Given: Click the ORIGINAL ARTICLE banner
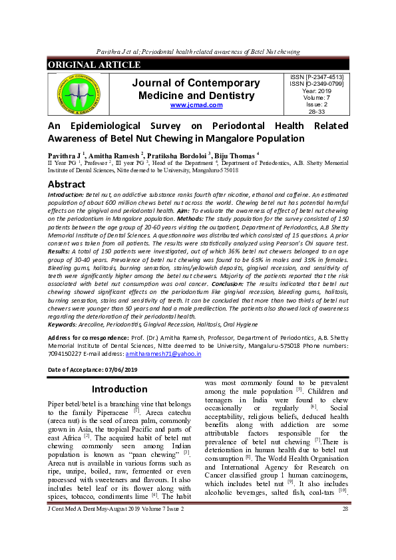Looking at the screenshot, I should point(94,65).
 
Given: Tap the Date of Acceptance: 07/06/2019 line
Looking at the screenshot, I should point(92,370).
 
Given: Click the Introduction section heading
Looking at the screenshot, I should point(119,389).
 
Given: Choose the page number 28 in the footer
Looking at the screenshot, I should point(345,546).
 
